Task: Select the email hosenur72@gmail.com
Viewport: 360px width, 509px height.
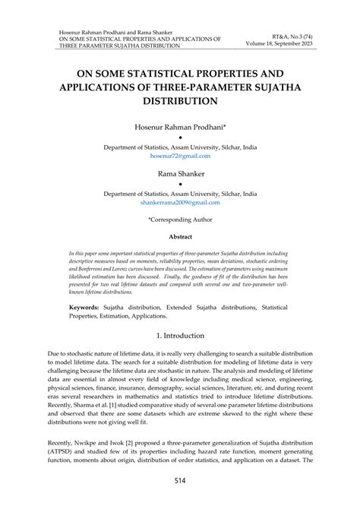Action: [x=180, y=155]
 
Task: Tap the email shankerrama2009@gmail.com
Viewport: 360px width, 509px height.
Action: [x=180, y=203]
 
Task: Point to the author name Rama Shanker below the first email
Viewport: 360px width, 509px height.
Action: [x=180, y=174]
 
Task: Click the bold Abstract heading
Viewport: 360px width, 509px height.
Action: [x=180, y=236]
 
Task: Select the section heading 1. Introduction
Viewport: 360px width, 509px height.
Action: [x=180, y=335]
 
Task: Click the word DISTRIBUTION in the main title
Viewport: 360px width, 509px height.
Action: [x=180, y=100]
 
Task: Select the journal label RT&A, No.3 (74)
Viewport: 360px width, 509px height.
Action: [x=297, y=35]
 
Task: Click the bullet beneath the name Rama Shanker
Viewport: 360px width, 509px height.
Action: [x=180, y=185]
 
